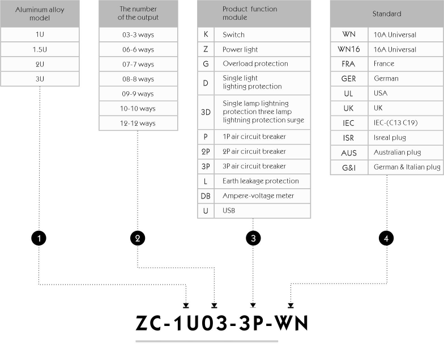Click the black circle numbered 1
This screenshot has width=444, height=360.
click(x=39, y=238)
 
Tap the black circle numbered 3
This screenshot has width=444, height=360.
click(x=253, y=238)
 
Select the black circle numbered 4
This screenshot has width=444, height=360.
click(x=386, y=238)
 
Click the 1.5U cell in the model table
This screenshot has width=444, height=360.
click(x=40, y=49)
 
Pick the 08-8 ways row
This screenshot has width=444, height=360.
click(x=138, y=79)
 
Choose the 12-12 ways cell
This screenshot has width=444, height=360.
click(x=138, y=124)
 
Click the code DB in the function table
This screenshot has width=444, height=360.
click(x=206, y=196)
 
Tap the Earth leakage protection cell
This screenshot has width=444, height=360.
click(x=262, y=181)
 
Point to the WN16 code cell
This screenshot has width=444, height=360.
click(x=349, y=49)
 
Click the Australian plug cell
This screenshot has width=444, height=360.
click(x=405, y=153)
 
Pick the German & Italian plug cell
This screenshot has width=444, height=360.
click(x=405, y=167)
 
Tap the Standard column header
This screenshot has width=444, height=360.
click(x=387, y=14)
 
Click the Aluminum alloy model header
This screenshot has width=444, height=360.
click(x=40, y=14)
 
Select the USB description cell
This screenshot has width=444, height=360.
click(x=262, y=211)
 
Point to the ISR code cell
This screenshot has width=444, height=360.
click(x=349, y=138)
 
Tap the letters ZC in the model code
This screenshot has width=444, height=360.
click(x=148, y=323)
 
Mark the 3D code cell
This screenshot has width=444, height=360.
click(x=206, y=112)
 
